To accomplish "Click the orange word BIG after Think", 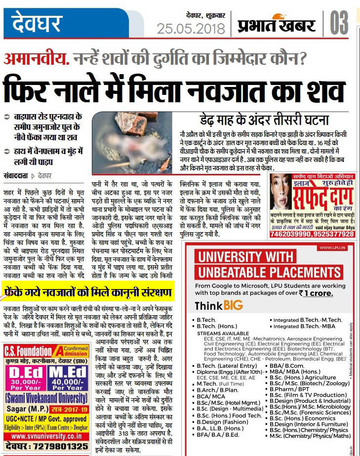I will click(x=233, y=305).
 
